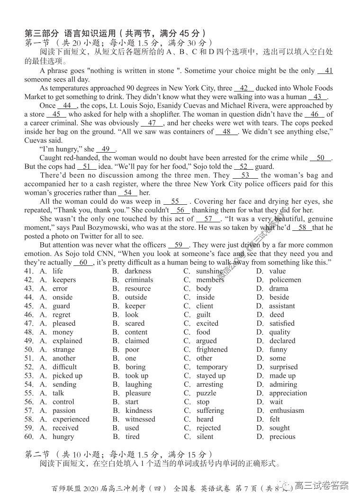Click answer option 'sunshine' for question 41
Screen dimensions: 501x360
click(x=209, y=271)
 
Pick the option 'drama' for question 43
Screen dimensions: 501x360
click(x=279, y=288)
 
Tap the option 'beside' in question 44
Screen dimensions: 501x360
click(x=279, y=297)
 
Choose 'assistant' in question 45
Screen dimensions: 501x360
click(x=282, y=306)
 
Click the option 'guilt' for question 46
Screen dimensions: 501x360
click(x=204, y=314)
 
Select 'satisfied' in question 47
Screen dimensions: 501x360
click(x=282, y=323)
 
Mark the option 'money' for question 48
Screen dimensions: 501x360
click(x=63, y=332)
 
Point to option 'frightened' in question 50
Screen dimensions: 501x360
click(x=212, y=349)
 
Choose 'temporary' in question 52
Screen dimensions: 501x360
click(x=212, y=367)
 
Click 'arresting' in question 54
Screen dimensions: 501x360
click(x=209, y=384)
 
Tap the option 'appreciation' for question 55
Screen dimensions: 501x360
click(x=288, y=393)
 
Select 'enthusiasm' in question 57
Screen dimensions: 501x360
click(x=287, y=410)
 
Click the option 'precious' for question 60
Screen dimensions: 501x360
click(x=282, y=437)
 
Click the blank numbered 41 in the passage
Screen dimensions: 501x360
click(x=325, y=71)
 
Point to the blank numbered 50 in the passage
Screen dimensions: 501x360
click(x=321, y=158)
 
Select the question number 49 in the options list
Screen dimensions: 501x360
click(x=28, y=341)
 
